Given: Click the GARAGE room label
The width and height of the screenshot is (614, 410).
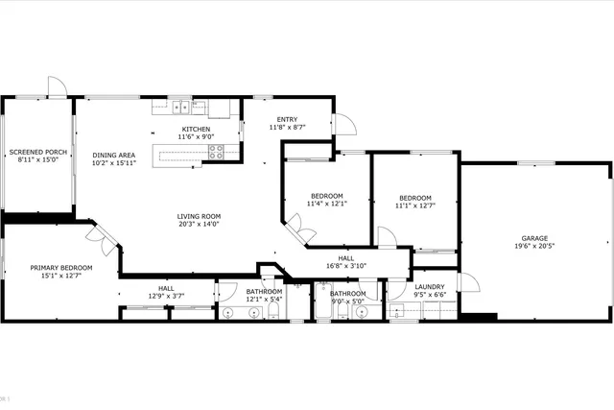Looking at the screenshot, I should pyautogui.click(x=534, y=237).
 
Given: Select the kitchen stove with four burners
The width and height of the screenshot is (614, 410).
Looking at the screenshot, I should pyautogui.click(x=218, y=151).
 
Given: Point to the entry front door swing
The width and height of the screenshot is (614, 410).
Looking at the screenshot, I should pyautogui.click(x=343, y=123).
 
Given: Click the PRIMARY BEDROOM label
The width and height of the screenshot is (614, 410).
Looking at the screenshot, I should pyautogui.click(x=61, y=268).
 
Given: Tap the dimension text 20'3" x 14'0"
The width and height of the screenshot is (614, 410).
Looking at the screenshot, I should pyautogui.click(x=199, y=224).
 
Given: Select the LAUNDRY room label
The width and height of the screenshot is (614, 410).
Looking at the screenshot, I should pyautogui.click(x=429, y=286).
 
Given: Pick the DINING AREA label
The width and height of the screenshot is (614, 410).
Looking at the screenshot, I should pyautogui.click(x=113, y=156).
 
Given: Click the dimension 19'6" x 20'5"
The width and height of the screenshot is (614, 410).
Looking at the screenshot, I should pyautogui.click(x=534, y=246).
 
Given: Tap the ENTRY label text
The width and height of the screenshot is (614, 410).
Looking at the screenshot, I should pyautogui.click(x=286, y=119).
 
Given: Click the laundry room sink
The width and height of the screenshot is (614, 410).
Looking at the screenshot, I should pyautogui.click(x=396, y=311).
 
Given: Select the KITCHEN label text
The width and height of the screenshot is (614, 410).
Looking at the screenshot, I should pyautogui.click(x=196, y=130).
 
